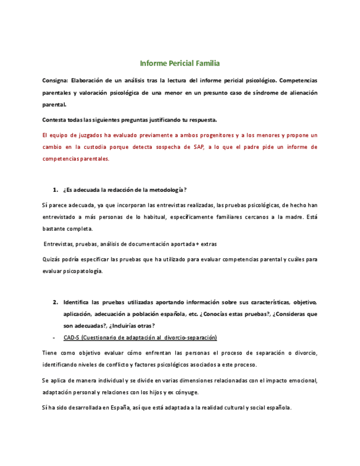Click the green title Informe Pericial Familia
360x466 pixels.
click(x=180, y=63)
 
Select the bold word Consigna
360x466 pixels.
click(x=53, y=80)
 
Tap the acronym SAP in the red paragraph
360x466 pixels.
click(x=198, y=147)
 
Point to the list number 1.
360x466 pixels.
click(x=56, y=190)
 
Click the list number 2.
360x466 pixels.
click(x=56, y=302)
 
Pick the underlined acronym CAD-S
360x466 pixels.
click(x=71, y=337)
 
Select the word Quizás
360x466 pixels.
click(x=51, y=259)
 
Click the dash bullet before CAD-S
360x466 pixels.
click(x=53, y=337)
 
